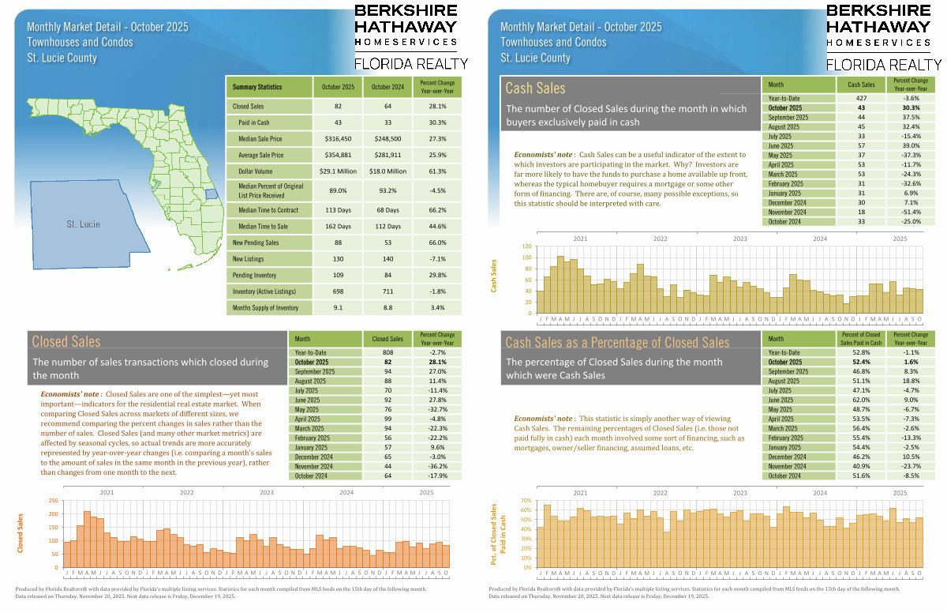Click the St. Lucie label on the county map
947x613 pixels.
click(x=84, y=224)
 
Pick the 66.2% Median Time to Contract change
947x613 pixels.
click(x=437, y=211)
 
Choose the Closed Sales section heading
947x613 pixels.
click(x=66, y=341)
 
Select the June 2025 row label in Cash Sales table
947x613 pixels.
click(x=780, y=146)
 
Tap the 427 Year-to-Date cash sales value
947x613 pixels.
click(x=861, y=97)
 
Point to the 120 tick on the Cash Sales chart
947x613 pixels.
click(x=526, y=247)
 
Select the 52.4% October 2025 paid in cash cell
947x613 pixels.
click(x=861, y=362)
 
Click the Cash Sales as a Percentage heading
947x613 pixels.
click(x=617, y=342)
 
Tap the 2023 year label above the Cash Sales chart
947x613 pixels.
click(x=739, y=237)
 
